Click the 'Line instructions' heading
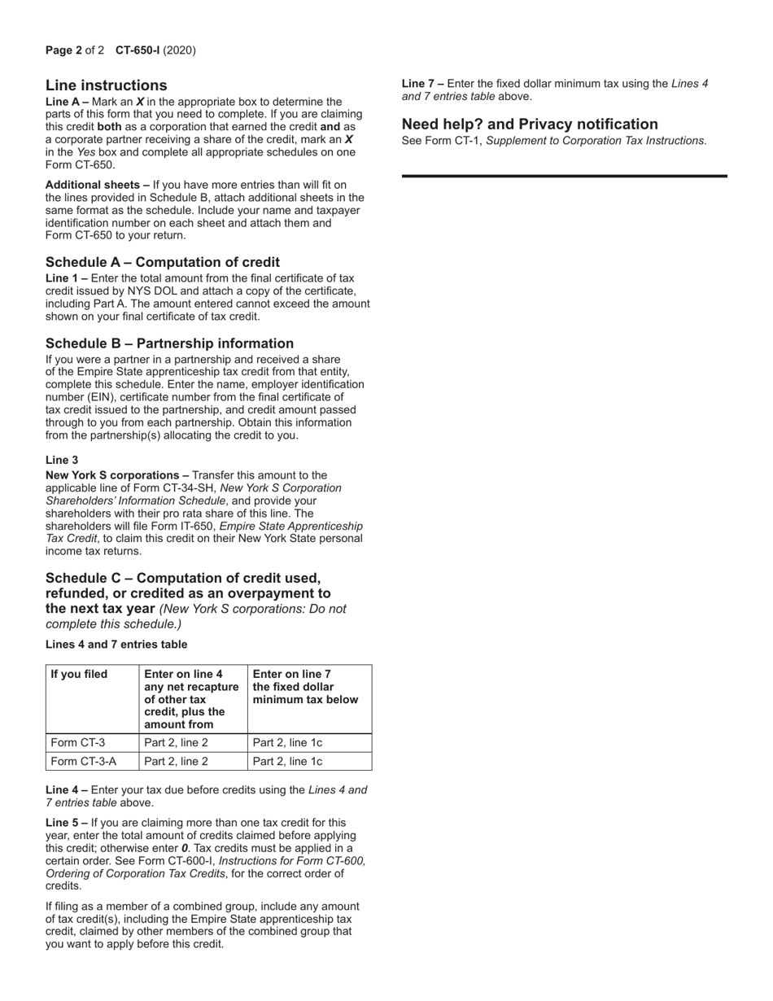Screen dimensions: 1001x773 point(107,85)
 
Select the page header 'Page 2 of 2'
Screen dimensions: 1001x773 point(75,50)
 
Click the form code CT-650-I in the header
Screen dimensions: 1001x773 point(138,50)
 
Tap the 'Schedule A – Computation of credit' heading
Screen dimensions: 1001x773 point(163,262)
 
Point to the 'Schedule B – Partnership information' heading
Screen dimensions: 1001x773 point(169,343)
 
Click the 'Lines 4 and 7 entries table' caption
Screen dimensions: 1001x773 point(116,645)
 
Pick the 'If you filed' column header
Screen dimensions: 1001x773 point(79,674)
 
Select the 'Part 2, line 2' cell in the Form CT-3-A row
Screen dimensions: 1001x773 point(176,762)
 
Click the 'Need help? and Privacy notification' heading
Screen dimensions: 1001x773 point(530,125)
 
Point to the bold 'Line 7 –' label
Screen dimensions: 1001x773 point(422,83)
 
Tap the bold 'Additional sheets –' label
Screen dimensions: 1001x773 point(97,185)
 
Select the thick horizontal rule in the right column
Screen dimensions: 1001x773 point(565,176)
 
